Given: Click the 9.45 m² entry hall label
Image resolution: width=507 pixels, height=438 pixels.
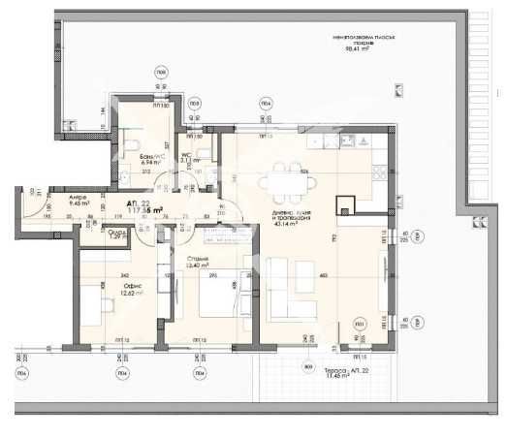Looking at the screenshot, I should [79, 203].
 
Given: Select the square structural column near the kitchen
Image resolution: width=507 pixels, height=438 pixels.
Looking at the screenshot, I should [343, 205].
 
